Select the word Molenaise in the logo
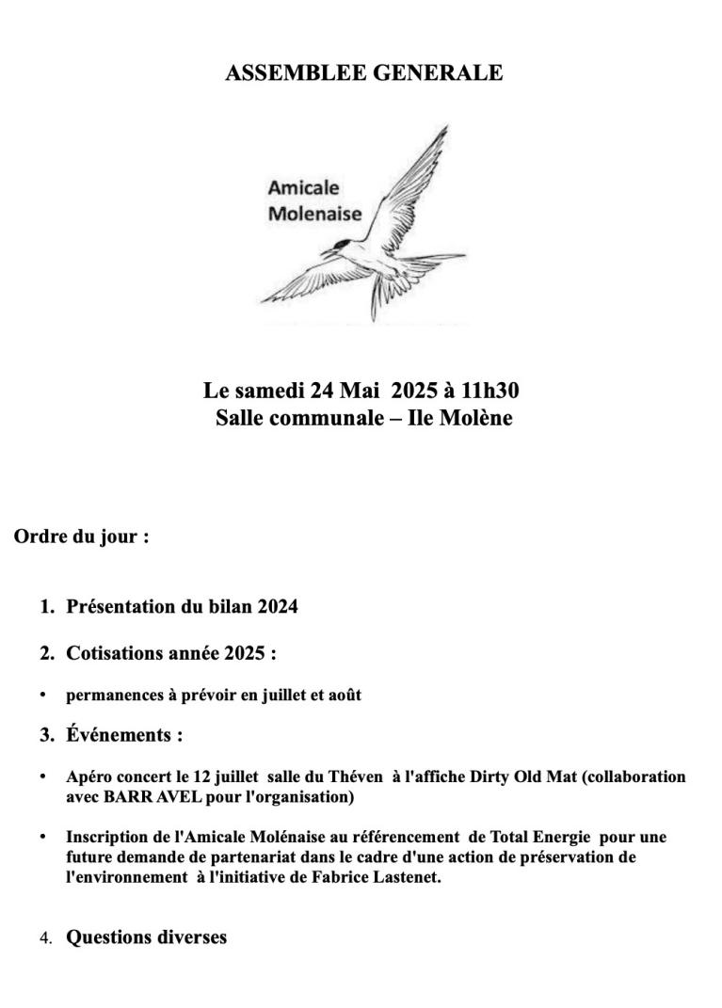click(x=314, y=213)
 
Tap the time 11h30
click(x=485, y=391)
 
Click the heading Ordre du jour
click(x=81, y=537)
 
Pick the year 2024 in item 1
click(x=277, y=607)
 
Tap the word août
click(x=344, y=696)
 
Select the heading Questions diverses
click(x=146, y=937)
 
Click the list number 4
click(x=45, y=938)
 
